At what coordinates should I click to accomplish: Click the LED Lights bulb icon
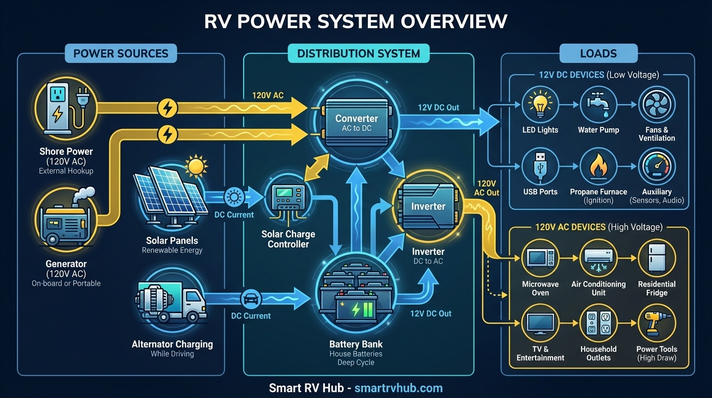pyautogui.click(x=540, y=104)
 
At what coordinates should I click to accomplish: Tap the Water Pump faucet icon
pyautogui.click(x=598, y=104)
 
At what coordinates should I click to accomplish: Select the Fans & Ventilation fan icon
pyautogui.click(x=657, y=104)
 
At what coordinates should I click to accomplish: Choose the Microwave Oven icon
pyautogui.click(x=540, y=258)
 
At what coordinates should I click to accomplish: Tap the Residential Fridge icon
pyautogui.click(x=657, y=258)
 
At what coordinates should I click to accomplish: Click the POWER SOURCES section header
pyautogui.click(x=121, y=53)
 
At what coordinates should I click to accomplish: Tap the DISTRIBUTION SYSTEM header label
pyautogui.click(x=359, y=53)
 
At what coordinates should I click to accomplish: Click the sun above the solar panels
pyautogui.click(x=196, y=166)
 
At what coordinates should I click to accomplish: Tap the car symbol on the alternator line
pyautogui.click(x=250, y=300)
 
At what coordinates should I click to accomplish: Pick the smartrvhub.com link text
pyautogui.click(x=398, y=388)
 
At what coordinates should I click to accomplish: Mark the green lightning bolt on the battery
pyautogui.click(x=357, y=310)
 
